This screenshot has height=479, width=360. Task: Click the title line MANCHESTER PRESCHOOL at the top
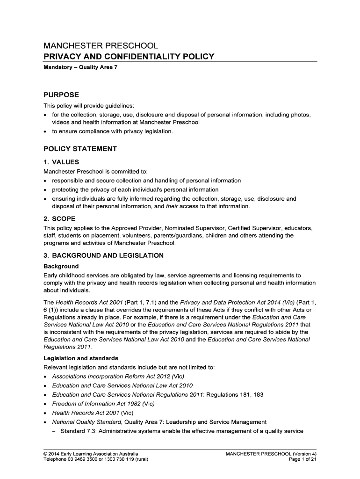(101, 46)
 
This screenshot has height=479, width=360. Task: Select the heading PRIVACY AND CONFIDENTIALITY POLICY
(129, 57)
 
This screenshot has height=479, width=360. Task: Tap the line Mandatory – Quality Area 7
(77, 68)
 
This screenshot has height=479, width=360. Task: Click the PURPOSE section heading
(61, 94)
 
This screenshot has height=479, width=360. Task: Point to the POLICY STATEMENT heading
(80, 149)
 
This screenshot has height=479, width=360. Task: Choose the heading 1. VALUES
(65, 162)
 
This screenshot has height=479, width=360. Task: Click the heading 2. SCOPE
(59, 218)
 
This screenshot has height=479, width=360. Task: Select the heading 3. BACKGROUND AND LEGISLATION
(103, 255)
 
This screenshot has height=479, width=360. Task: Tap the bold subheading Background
(61, 266)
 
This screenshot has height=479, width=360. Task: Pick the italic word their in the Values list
(173, 206)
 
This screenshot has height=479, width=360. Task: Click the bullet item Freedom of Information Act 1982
(103, 404)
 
